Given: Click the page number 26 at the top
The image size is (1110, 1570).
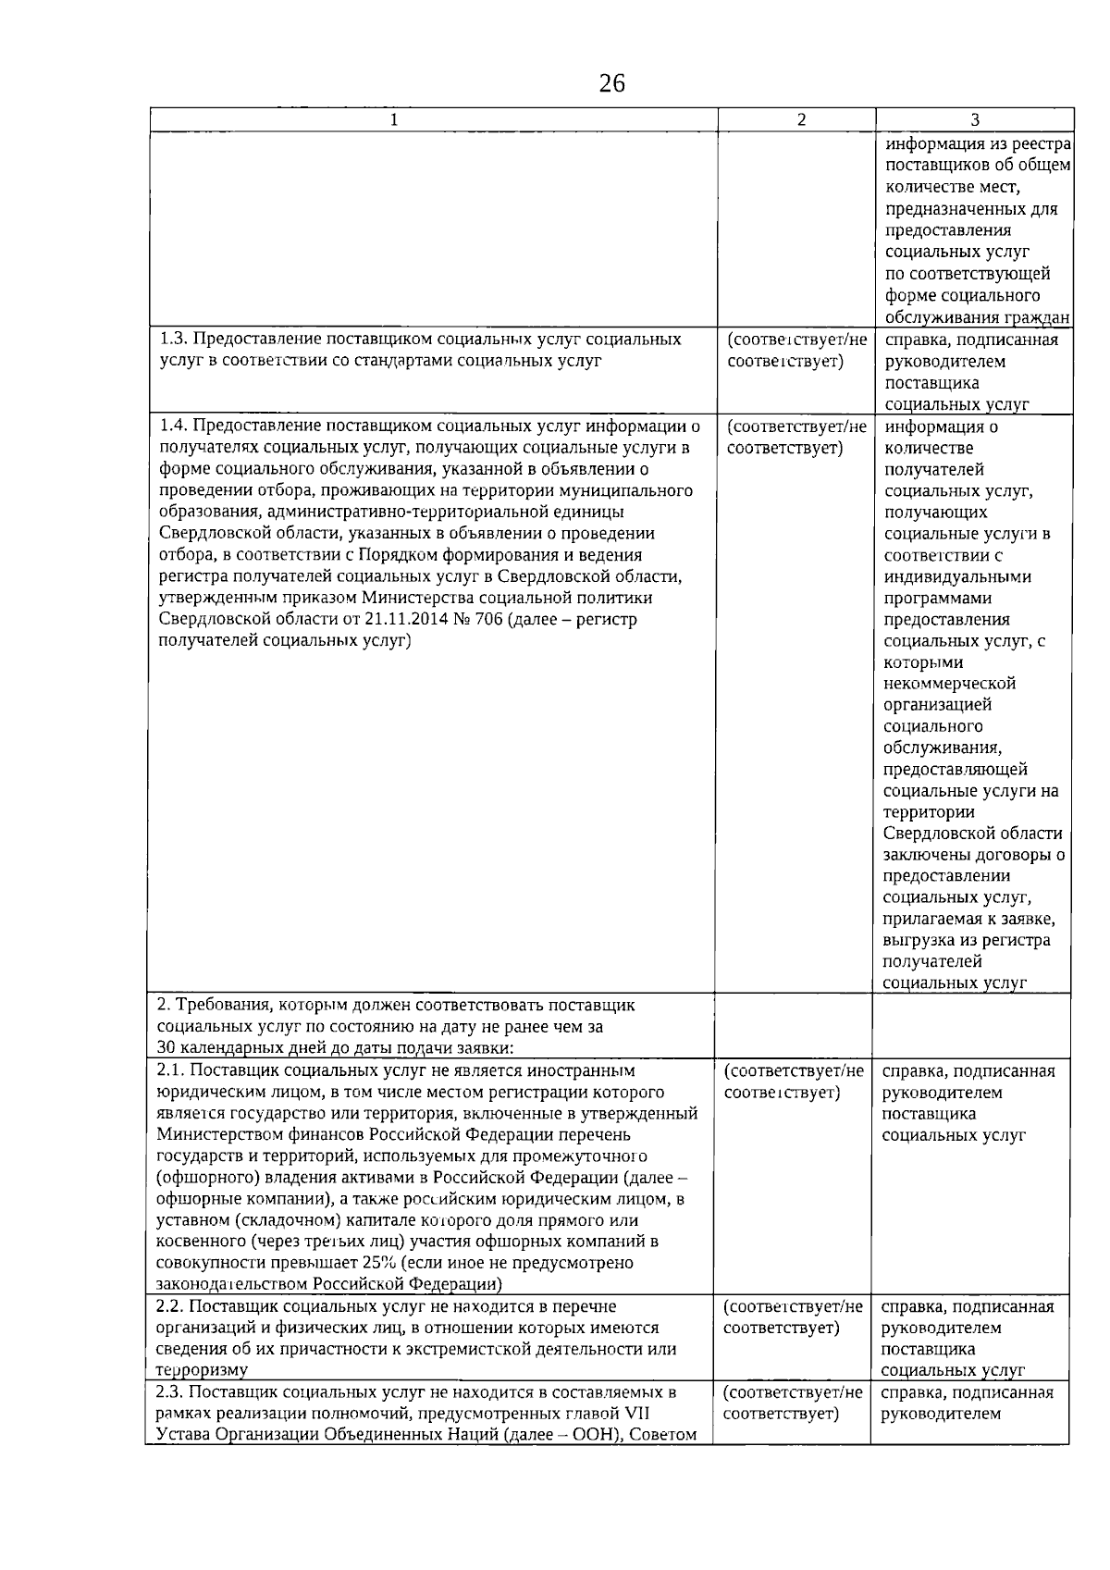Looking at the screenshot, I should (611, 84).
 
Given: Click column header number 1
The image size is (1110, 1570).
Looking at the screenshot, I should (394, 119).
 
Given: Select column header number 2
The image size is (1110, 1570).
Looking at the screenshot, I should (801, 119).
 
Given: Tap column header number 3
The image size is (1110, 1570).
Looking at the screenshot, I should (975, 119).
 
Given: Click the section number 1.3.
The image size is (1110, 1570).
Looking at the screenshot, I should (173, 340).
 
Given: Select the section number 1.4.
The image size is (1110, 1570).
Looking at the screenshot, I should (173, 426).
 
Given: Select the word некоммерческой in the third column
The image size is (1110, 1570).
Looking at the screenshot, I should (950, 684).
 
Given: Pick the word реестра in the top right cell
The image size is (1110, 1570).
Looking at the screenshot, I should (1041, 145).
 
